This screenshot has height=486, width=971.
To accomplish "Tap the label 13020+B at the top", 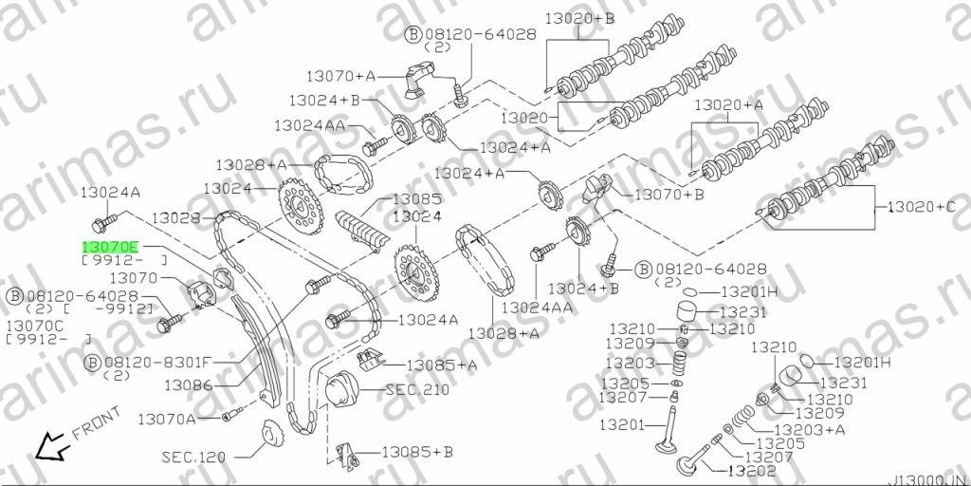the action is point(579,19).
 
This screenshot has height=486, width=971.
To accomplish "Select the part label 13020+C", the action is point(923,206).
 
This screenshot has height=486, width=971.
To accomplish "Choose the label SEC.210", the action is point(417,390).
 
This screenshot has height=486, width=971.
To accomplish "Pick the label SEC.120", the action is point(193,458).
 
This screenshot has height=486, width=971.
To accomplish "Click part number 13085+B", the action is point(417,452).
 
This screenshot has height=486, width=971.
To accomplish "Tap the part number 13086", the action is point(189,385).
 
